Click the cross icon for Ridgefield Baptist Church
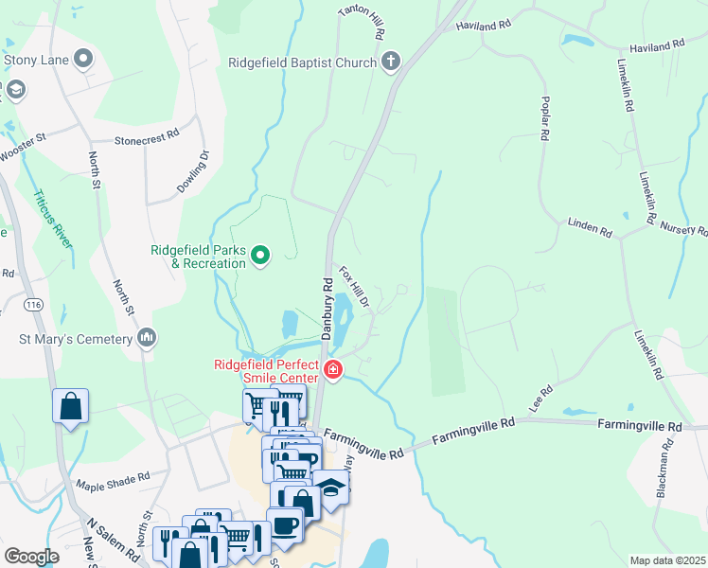click(390, 62)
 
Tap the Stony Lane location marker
click(84, 60)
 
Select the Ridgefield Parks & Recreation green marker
click(261, 254)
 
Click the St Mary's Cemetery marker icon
click(146, 337)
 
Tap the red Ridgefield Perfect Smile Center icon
click(332, 370)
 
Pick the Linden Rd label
click(591, 227)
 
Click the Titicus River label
click(53, 219)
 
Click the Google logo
click(31, 557)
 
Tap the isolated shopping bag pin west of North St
click(70, 407)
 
